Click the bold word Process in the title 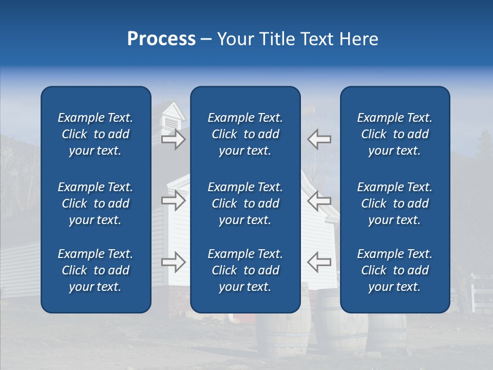(161, 39)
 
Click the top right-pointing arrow (173, 139)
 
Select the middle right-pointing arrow (173, 200)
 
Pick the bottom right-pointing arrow (173, 262)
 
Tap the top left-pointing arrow (319, 139)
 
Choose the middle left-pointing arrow (319, 200)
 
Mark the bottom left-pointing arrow (319, 262)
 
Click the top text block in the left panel (96, 134)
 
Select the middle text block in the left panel (96, 203)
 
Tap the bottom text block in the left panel (96, 270)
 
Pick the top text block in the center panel (245, 134)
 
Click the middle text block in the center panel (245, 203)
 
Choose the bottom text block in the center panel (245, 270)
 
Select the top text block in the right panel (394, 134)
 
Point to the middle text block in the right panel (394, 203)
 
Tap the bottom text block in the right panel (394, 270)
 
